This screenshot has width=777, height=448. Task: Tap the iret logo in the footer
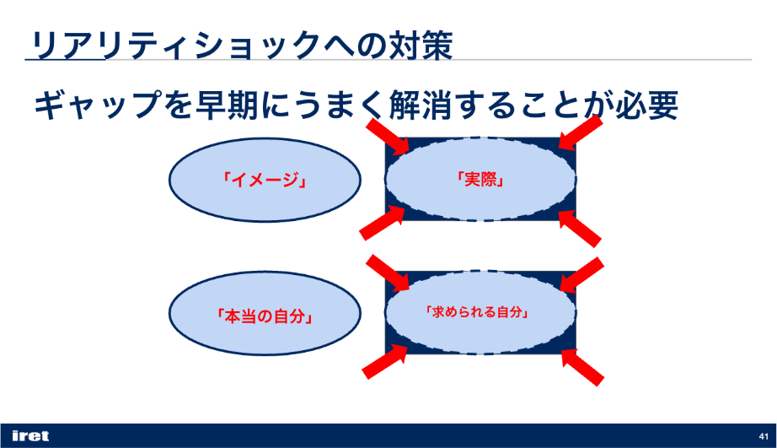point(30,436)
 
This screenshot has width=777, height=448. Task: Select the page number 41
point(764,436)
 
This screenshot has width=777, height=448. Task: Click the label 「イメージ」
point(265,180)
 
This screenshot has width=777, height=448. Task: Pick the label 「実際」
point(480,179)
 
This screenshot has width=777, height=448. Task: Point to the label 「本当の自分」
point(265,316)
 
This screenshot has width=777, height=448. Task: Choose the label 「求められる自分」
point(477,312)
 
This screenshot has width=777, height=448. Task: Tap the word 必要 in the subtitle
point(646,105)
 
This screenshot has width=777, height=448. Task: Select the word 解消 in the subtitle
point(421,105)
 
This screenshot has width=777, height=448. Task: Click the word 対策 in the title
point(421,46)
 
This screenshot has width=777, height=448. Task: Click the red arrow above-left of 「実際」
point(388,137)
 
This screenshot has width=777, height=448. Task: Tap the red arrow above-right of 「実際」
point(581,132)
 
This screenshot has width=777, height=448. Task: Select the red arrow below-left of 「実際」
point(382,224)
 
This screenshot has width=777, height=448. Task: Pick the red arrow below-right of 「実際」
point(579,229)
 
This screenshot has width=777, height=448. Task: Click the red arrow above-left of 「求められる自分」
point(388,273)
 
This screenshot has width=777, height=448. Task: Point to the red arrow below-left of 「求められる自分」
point(384,362)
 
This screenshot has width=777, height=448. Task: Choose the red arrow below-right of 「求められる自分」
point(582,368)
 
